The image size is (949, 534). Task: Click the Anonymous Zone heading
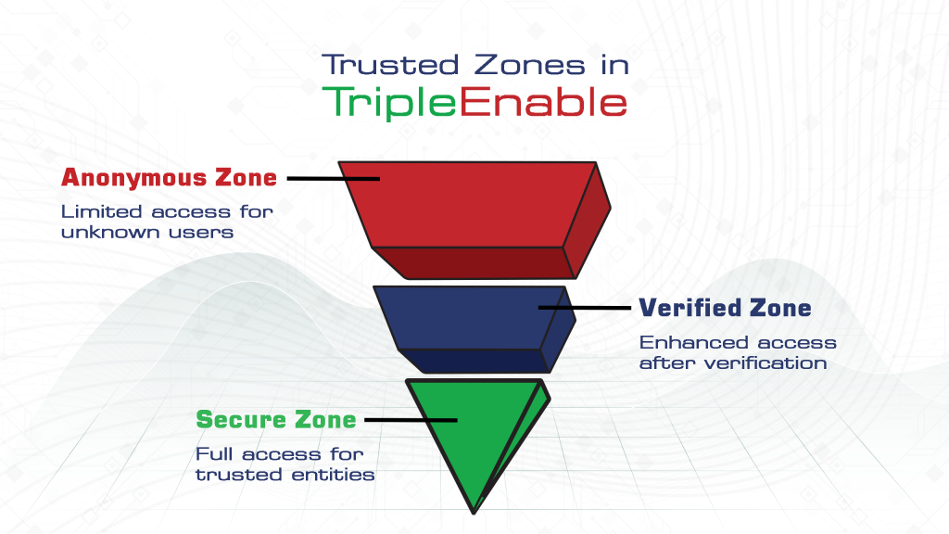[x=169, y=177]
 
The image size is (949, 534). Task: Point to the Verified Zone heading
[x=725, y=308]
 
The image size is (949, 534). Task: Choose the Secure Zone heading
[x=275, y=420]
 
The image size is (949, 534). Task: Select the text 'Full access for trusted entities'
[x=285, y=464]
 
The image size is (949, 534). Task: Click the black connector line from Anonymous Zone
[x=334, y=178]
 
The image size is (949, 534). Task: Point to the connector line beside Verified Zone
[x=585, y=307]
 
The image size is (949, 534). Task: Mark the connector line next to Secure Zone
[x=411, y=420]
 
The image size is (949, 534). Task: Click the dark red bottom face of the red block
[x=473, y=262]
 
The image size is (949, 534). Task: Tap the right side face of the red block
[x=586, y=221]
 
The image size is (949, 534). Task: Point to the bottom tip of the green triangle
[x=474, y=511]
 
